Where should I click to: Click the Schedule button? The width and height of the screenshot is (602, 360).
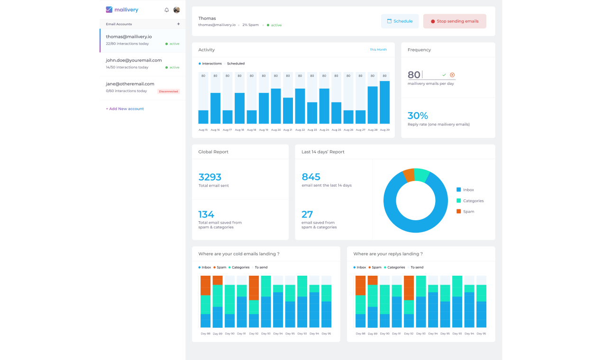coord(400,21)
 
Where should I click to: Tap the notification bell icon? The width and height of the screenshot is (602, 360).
coord(166,10)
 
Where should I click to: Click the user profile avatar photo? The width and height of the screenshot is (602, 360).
coord(176,10)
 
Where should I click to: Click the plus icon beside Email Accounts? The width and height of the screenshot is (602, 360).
coord(178,24)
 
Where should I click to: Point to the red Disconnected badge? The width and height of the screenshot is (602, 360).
coord(168,91)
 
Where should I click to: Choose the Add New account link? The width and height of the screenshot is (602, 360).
coord(125,109)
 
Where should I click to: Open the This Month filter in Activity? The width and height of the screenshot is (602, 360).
coord(378,50)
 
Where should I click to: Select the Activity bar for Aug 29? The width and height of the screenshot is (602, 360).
coord(384,102)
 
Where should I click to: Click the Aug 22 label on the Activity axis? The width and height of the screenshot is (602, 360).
coord(300,130)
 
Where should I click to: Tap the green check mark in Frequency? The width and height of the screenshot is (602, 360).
coord(444,75)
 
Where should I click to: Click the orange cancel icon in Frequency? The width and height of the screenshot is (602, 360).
coord(452,75)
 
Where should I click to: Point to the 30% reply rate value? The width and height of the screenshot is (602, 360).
coord(418,116)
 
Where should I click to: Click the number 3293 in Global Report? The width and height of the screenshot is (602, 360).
coord(210,177)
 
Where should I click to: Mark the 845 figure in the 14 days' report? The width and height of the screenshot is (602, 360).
coord(311,177)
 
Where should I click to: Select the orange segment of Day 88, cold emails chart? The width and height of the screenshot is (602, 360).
coord(205,285)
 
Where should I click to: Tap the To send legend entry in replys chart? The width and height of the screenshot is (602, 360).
coord(417,268)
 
